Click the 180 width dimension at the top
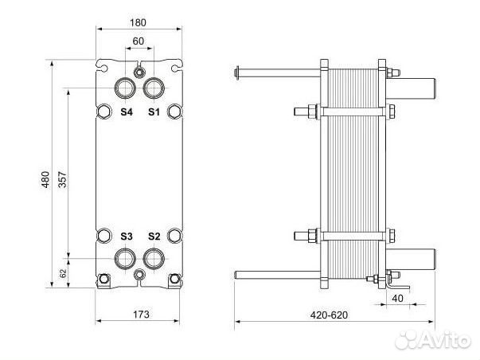139,23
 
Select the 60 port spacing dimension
139,41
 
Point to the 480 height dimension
45,179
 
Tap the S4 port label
127,112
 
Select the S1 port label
154,112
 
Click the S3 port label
127,237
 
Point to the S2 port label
154,237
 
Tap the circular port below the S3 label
126,257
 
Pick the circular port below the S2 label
153,257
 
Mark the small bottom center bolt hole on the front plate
140,275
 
